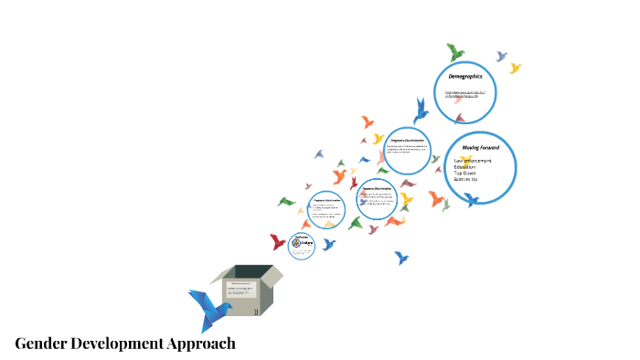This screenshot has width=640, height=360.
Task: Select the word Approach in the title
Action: tap(201, 344)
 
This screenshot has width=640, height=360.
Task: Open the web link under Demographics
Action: tap(470, 94)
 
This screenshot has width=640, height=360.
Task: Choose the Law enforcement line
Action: tap(473, 161)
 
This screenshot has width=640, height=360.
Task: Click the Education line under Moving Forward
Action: tap(464, 167)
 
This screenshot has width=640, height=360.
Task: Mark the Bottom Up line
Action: tap(466, 180)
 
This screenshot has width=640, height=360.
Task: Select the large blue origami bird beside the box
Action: tap(208, 308)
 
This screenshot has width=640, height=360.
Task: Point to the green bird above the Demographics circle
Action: tap(455, 53)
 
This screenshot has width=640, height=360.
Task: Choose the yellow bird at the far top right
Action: tap(515, 68)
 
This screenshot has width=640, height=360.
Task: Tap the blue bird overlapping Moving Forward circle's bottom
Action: tap(472, 198)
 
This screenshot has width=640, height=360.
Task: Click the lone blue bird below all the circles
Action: tap(401, 258)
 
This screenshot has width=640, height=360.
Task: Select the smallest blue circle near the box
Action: tap(302, 244)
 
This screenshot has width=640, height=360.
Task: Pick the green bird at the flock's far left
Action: tap(286, 201)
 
